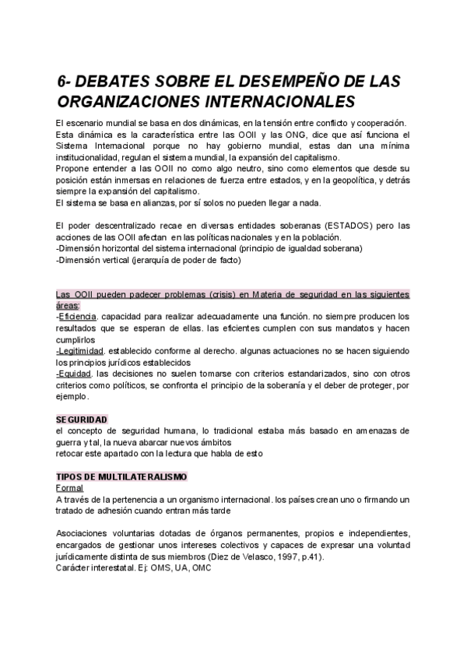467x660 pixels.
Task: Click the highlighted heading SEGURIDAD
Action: click(82, 419)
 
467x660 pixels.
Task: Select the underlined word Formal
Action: click(70, 487)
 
